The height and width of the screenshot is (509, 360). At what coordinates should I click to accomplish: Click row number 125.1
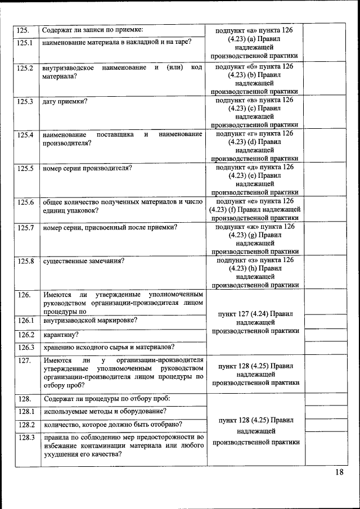(x=25, y=43)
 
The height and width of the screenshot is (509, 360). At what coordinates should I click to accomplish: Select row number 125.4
(x=25, y=135)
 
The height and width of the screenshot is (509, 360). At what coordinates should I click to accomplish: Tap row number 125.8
(x=25, y=261)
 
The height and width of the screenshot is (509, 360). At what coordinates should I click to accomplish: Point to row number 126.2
(x=25, y=335)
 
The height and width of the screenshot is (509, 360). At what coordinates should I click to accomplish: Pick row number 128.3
(x=25, y=437)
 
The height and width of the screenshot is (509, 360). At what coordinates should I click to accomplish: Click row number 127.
(x=23, y=360)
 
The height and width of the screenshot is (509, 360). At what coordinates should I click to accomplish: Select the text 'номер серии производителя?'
(x=87, y=168)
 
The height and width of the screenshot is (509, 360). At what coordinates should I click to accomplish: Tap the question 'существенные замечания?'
(x=83, y=261)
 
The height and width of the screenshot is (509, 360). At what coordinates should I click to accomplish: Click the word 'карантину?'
(x=60, y=335)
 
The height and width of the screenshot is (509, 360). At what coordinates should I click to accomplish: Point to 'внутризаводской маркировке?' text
(x=90, y=321)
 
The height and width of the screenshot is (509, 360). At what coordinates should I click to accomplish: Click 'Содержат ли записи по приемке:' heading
(x=93, y=29)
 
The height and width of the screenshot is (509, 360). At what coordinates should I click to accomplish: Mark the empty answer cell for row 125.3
(x=325, y=112)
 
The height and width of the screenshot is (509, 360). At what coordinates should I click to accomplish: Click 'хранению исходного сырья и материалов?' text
(x=109, y=347)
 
